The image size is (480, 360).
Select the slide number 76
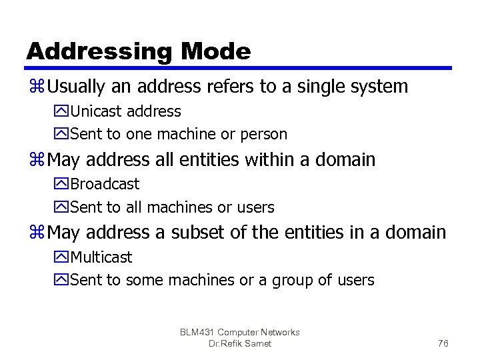443,343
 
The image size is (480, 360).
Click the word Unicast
97,111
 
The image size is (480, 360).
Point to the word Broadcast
105,184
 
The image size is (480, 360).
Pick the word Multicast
101,257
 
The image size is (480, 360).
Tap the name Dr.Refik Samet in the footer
240,343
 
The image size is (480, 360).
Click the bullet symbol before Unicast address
63,112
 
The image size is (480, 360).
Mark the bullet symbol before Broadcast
63,185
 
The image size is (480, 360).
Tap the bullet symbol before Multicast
63,258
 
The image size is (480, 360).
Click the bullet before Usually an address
36,87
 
